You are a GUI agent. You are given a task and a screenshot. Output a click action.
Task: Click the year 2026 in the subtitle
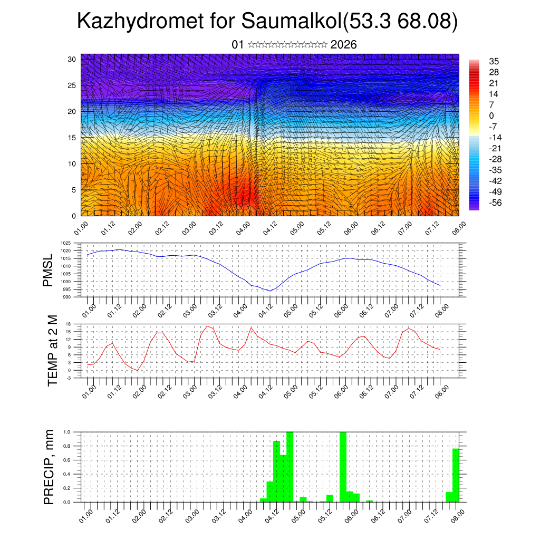click(343, 45)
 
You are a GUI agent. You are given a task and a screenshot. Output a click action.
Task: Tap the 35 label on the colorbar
click(494, 61)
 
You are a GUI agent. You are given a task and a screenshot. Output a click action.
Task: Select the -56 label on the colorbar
click(495, 202)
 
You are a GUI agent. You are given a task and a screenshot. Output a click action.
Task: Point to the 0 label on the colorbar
click(491, 115)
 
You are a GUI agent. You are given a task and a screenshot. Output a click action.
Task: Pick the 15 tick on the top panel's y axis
click(73, 138)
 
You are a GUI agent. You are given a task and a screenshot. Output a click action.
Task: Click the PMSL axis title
click(49, 271)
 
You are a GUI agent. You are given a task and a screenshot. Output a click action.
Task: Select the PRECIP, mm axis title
click(49, 467)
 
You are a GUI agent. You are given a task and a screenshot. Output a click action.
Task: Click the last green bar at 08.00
click(456, 475)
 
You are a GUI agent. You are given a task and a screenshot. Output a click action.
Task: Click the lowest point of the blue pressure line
click(269, 291)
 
